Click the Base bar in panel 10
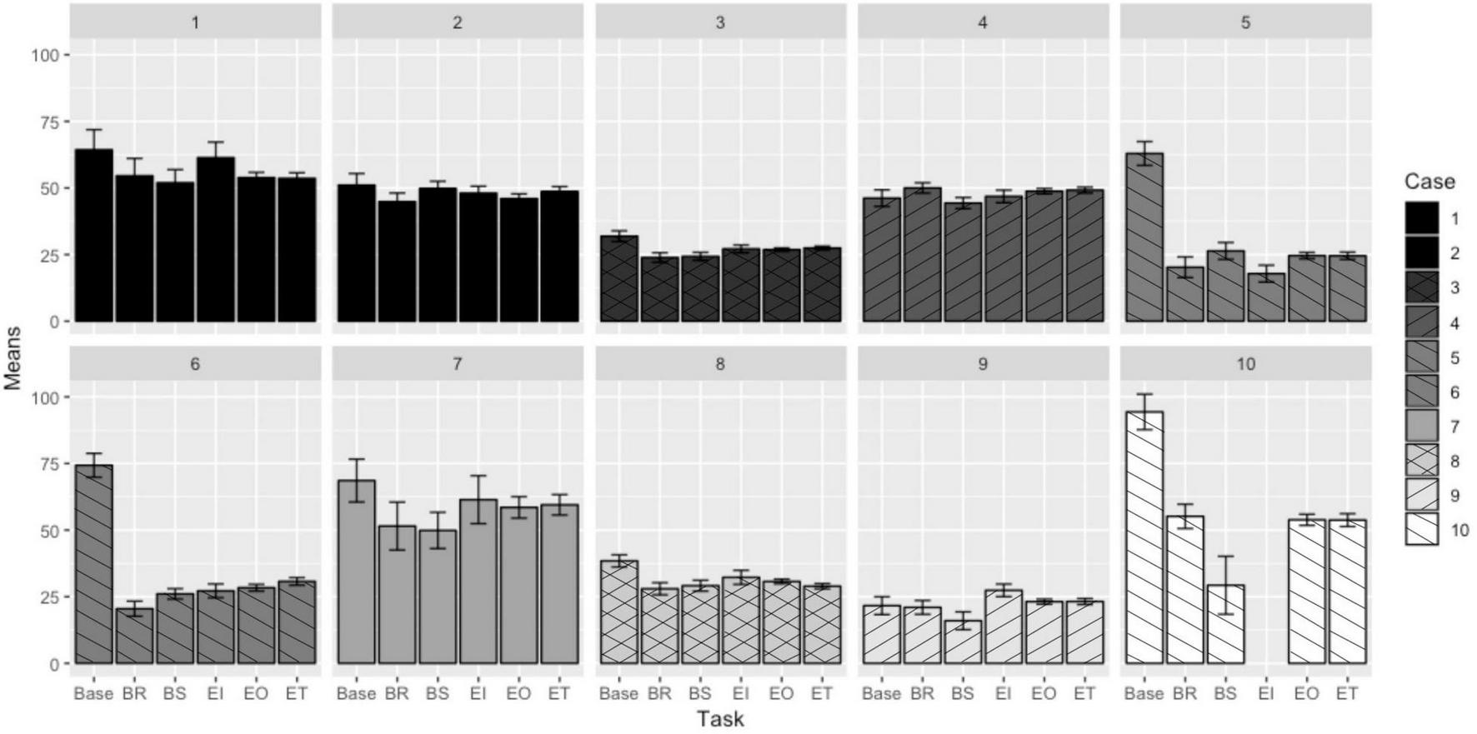1144,537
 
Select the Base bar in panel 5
1144,237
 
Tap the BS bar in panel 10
1225,624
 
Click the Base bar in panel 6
93,564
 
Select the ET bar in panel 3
822,284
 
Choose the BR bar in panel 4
922,254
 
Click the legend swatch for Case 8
1421,461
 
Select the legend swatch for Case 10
1421,530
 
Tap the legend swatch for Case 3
1421,287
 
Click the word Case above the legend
1429,182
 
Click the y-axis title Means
13,358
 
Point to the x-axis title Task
720,719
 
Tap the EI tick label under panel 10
1265,693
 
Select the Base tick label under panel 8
618,693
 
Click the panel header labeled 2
457,22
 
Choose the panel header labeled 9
982,364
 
